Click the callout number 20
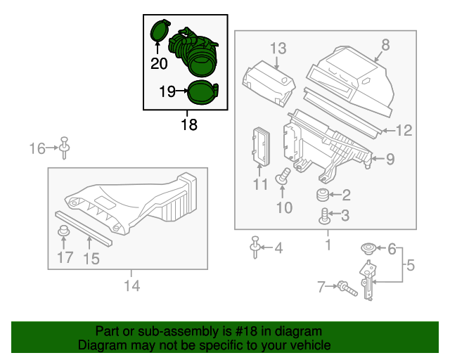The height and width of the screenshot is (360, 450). pos(159,64)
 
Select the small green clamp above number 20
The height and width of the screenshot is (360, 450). pos(159,31)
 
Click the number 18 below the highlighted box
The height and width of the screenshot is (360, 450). pos(188,125)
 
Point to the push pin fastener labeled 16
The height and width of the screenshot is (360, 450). pos(65,146)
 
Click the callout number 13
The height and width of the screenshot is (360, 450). pos(278,49)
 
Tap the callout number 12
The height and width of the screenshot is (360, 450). pos(403,130)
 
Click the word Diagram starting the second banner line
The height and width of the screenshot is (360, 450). pos(101,345)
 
